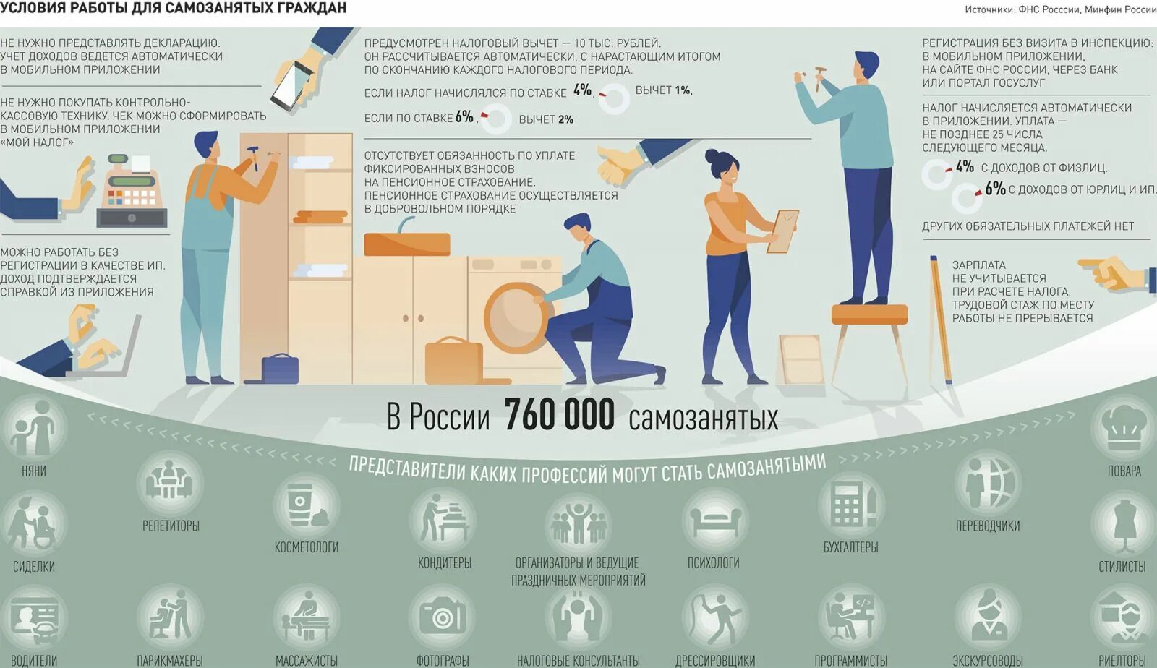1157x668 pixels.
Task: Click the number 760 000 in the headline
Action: point(559,416)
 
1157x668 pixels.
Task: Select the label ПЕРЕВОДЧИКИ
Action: point(987,526)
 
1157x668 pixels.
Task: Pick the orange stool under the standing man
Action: point(869,314)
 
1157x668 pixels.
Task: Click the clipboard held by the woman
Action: point(782,231)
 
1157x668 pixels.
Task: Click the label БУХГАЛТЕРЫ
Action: point(850,547)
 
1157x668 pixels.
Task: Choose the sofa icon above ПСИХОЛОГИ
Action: point(714,519)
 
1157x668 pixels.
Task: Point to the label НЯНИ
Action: point(34,471)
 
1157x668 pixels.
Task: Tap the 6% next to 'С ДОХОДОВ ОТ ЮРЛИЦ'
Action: point(995,189)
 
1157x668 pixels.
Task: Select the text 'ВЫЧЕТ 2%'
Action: point(545,119)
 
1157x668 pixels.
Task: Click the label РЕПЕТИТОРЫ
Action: point(171,526)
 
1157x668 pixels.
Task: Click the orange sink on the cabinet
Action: point(406,244)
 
